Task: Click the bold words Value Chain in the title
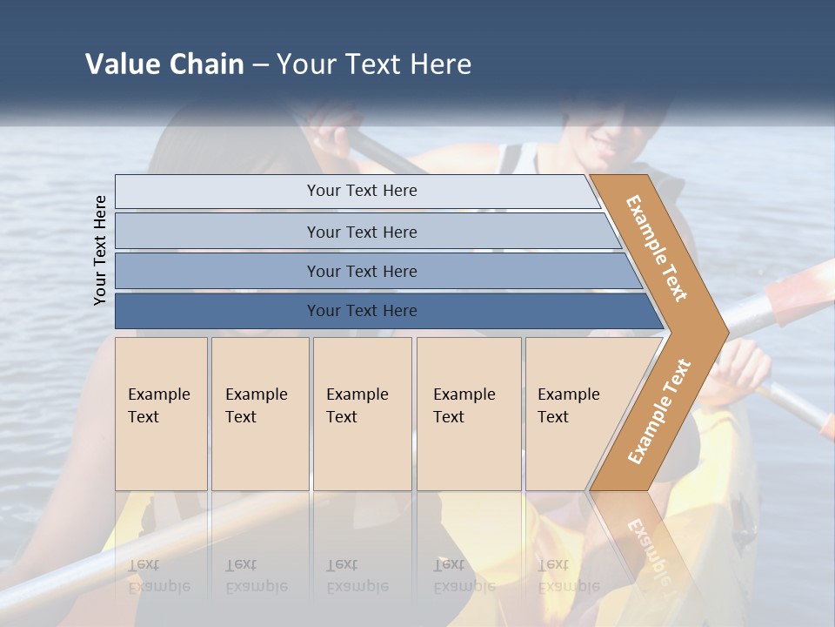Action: point(164,64)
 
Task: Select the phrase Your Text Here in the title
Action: point(374,64)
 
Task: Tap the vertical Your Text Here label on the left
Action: point(100,250)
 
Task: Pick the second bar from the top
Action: point(361,232)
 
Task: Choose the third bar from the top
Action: point(361,271)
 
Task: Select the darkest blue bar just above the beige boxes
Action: point(361,311)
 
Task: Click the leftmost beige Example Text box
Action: point(161,414)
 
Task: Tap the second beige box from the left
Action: point(259,414)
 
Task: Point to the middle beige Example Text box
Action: point(362,414)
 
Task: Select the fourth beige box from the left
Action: point(468,414)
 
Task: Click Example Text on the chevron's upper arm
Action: point(657,248)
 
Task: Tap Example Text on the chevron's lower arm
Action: point(658,412)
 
